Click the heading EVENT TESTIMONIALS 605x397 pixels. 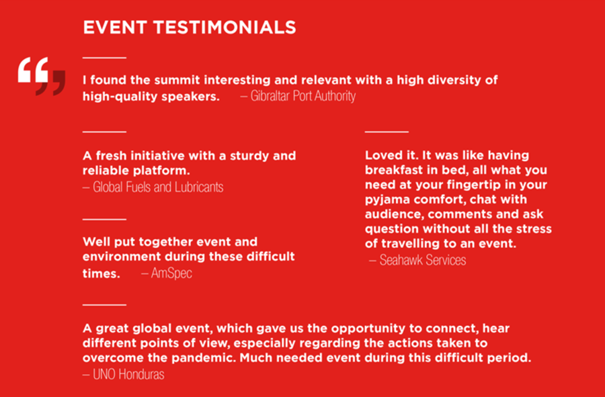coord(190,28)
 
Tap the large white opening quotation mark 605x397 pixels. coord(33,70)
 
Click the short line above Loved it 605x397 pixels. coord(387,132)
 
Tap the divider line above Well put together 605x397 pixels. coord(105,219)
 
